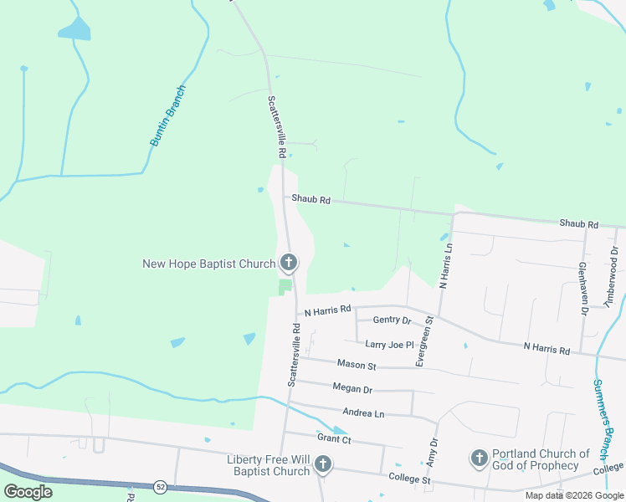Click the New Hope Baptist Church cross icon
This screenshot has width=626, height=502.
pos(289,264)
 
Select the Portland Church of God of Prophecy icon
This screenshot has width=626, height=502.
pos(479,458)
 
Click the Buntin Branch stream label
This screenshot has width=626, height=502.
pos(167,116)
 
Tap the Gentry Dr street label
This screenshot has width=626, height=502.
pos(393,320)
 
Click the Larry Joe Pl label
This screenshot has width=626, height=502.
pos(389,344)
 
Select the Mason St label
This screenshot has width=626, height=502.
pos(357,365)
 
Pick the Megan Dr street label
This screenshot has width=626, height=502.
pos(351,388)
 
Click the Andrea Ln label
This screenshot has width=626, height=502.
pos(363,412)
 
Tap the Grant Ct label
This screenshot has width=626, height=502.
pos(334,438)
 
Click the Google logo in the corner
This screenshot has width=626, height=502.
pos(28,491)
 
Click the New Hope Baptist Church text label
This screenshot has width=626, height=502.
pos(208,264)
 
